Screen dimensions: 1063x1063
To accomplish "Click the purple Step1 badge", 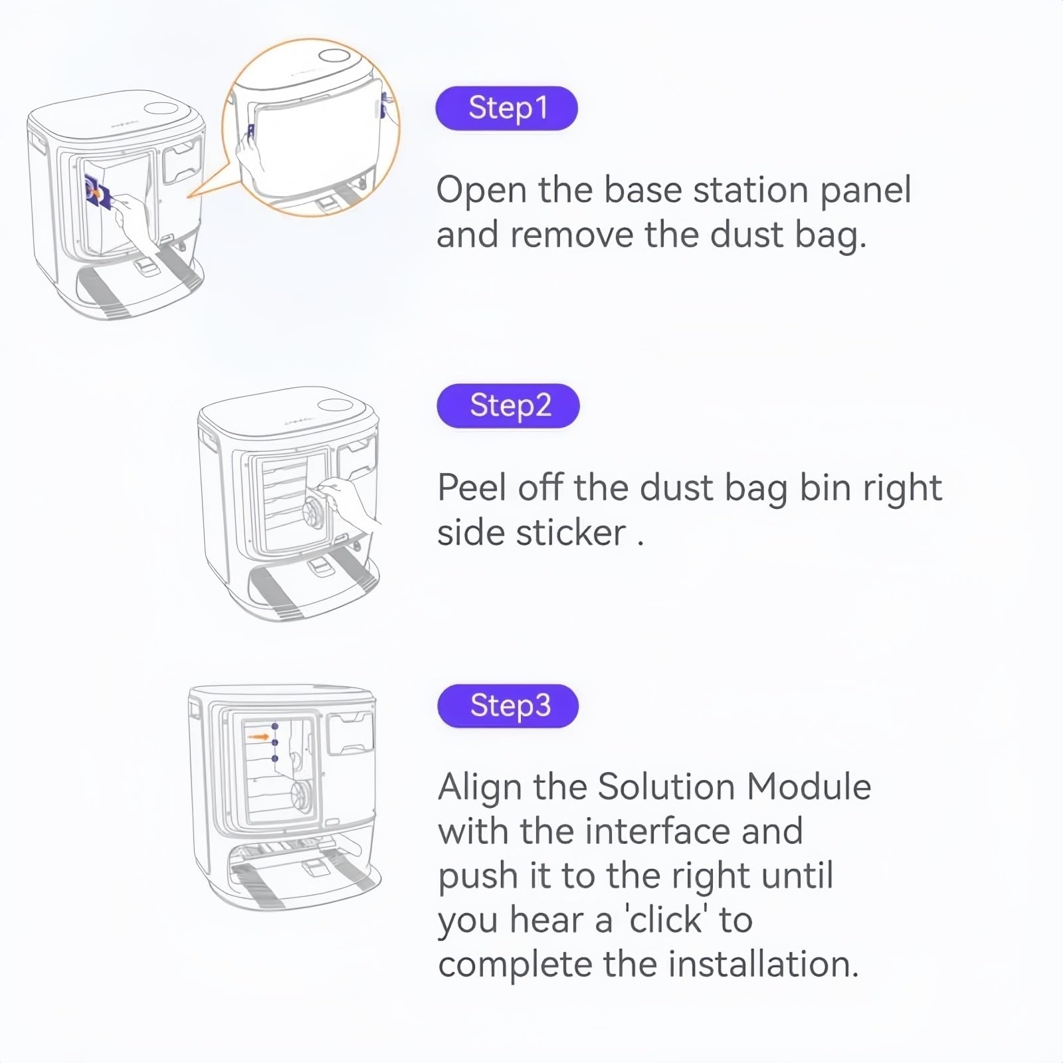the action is coord(506,108).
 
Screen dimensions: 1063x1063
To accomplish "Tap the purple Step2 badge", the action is coord(508,405).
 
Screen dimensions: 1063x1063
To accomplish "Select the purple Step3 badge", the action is coord(508,706).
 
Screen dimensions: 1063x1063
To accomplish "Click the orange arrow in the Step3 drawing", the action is coord(258,737).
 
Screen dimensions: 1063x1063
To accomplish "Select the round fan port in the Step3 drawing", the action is coord(304,795).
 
